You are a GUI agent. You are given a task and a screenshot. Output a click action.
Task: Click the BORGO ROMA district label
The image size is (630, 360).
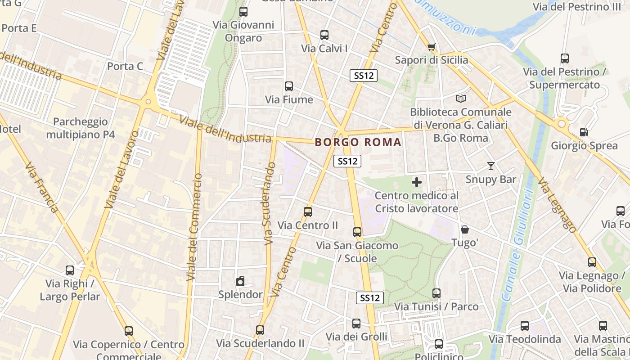pyautogui.click(x=358, y=142)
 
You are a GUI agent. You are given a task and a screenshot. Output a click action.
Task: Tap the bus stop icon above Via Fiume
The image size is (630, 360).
pyautogui.click(x=289, y=86)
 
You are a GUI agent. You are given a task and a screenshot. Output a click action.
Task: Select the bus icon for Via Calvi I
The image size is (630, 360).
pyautogui.click(x=324, y=35)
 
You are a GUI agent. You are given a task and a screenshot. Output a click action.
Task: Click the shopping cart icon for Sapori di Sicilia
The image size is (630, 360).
pyautogui.click(x=431, y=47)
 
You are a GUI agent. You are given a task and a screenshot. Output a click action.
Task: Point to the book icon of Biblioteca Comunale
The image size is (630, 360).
pyautogui.click(x=460, y=99)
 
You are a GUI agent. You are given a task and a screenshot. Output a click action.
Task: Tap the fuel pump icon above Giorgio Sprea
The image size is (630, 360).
pyautogui.click(x=584, y=132)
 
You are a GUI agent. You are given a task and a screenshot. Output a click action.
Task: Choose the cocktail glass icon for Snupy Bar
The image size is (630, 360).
pyautogui.click(x=490, y=166)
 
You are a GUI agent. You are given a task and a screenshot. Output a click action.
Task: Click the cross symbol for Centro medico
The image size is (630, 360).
pyautogui.click(x=417, y=182)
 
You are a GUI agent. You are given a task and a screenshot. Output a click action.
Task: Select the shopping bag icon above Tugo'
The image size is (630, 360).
pyautogui.click(x=464, y=229)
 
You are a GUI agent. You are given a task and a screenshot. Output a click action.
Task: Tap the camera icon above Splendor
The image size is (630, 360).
pyautogui.click(x=240, y=282)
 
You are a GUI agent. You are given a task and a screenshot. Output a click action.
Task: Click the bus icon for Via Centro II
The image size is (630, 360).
pyautogui.click(x=308, y=211)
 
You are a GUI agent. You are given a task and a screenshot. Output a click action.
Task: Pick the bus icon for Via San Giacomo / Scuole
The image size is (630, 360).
pyautogui.click(x=357, y=232)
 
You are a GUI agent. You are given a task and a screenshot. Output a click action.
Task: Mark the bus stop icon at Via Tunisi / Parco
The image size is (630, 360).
pyautogui.click(x=436, y=293)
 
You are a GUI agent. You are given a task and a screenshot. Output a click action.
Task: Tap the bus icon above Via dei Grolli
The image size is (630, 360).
pyautogui.click(x=356, y=323)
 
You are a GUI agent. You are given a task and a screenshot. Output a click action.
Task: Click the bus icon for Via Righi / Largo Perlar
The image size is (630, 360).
pyautogui.click(x=70, y=270)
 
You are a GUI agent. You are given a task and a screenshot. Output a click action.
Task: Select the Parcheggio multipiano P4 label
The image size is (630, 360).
pyautogui.click(x=80, y=128)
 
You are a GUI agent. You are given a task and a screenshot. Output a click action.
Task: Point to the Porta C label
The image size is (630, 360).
pyautogui.click(x=125, y=67)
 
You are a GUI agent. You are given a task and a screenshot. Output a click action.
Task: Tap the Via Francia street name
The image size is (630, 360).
pyautogui.click(x=42, y=188)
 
